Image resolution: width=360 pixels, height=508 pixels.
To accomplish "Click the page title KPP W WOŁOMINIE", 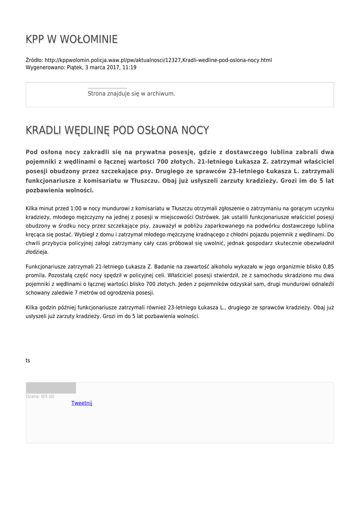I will pos(72,39).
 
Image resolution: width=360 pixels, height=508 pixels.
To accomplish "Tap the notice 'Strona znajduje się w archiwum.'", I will pos(131,93).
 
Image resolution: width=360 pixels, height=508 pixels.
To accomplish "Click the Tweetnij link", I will pos(81,403).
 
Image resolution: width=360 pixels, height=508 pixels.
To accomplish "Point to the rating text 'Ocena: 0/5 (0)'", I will pos(40,396).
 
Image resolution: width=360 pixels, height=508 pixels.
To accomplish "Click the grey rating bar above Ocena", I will pos(51,388).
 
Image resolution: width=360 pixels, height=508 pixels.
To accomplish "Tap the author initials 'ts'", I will pos(28,361).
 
